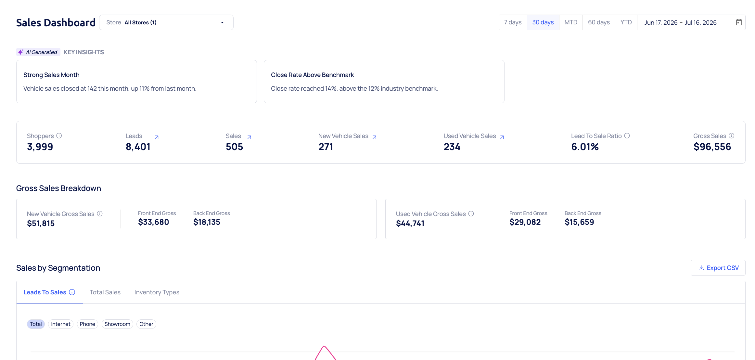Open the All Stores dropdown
click(x=166, y=22)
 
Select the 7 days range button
click(x=513, y=22)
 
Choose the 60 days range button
click(x=599, y=22)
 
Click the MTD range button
click(x=571, y=22)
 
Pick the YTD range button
click(x=626, y=22)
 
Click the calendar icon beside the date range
click(x=739, y=22)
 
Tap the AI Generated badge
click(x=38, y=52)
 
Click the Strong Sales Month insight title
click(x=51, y=75)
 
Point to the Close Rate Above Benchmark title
click(x=313, y=75)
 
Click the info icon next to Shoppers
click(x=59, y=135)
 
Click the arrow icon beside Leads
click(x=157, y=137)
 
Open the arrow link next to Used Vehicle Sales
click(x=502, y=137)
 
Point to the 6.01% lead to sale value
click(x=585, y=147)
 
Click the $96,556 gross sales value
click(x=712, y=147)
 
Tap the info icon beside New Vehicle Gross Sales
click(x=100, y=213)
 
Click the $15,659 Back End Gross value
click(x=579, y=222)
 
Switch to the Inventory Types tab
click(x=157, y=292)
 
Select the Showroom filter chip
click(x=117, y=324)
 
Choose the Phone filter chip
click(x=87, y=324)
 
